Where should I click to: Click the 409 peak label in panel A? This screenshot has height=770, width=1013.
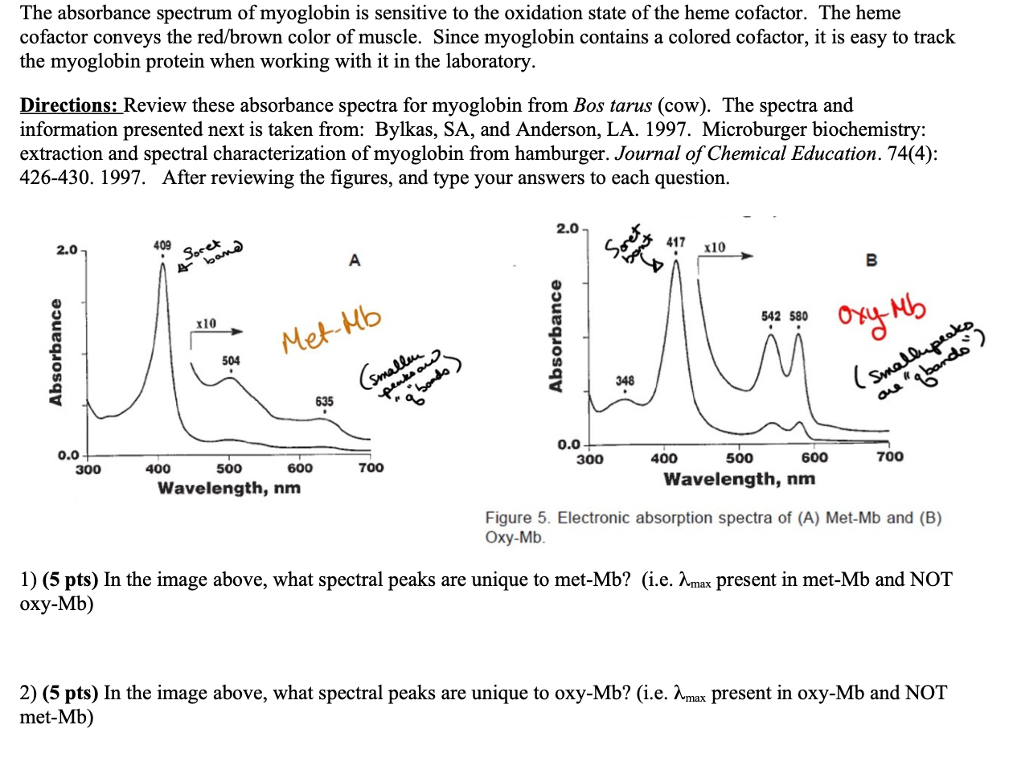[x=162, y=244]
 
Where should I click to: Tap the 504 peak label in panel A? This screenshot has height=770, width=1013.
[x=231, y=360]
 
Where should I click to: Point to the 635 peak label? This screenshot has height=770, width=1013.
[x=324, y=400]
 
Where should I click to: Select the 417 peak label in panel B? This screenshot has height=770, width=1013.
[x=676, y=241]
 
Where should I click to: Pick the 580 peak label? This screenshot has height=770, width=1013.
[x=798, y=316]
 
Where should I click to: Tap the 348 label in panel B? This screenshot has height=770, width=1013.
[x=625, y=380]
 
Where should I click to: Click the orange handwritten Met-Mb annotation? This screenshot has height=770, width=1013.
[x=331, y=330]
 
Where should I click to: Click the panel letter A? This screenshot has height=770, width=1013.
[x=355, y=260]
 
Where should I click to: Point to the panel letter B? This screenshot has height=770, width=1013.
[x=872, y=260]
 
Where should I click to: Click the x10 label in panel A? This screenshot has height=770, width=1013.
[x=206, y=322]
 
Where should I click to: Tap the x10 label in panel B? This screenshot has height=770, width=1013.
[x=714, y=248]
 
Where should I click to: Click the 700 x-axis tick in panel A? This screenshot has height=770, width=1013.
[x=371, y=468]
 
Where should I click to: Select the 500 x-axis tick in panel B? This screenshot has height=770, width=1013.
[x=739, y=458]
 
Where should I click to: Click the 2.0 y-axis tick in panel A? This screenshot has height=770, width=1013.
[x=68, y=250]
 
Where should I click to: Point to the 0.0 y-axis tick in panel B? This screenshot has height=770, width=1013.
[x=568, y=444]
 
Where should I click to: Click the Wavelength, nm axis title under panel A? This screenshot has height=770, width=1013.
[x=229, y=488]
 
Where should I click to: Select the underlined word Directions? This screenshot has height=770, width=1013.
[x=70, y=105]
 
